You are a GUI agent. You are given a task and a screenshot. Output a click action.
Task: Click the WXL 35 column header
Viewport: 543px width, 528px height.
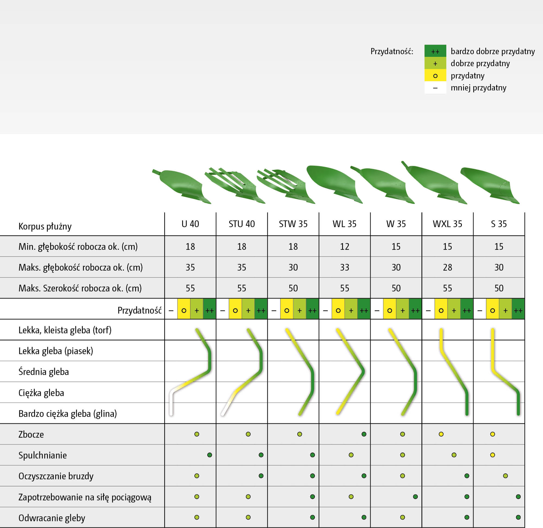(x=447, y=224)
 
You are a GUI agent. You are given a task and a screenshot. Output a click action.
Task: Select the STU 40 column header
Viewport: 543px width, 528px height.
(x=242, y=224)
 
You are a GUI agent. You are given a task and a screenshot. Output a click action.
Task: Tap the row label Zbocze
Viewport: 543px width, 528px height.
(x=31, y=434)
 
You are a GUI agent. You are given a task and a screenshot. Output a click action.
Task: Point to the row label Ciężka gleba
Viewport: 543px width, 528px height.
(x=41, y=393)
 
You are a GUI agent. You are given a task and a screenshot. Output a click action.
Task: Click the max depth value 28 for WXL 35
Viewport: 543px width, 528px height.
(x=447, y=267)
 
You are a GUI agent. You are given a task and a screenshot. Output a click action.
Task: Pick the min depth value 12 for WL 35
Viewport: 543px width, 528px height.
(x=345, y=247)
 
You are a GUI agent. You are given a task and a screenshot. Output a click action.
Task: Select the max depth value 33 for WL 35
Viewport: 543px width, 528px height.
(x=345, y=267)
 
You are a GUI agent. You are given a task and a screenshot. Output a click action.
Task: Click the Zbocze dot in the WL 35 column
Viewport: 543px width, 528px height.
(x=364, y=434)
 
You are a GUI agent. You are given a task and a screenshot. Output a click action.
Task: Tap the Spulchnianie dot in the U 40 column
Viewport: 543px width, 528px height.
(x=210, y=455)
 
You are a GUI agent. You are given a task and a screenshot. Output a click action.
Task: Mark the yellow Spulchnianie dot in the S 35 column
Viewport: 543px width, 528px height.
(x=493, y=455)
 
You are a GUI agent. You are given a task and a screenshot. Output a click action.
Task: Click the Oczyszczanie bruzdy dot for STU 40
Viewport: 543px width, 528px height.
(x=261, y=476)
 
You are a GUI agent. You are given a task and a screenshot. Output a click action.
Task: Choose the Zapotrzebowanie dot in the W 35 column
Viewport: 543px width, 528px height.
(x=415, y=497)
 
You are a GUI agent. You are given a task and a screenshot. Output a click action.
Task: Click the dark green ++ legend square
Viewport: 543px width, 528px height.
(x=435, y=51)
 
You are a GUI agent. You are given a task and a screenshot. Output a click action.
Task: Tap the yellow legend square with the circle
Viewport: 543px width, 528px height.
(x=435, y=76)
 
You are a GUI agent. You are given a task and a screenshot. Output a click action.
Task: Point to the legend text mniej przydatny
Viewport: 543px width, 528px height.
(x=478, y=88)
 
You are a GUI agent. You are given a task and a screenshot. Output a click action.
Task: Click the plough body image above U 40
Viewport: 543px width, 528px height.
(x=182, y=186)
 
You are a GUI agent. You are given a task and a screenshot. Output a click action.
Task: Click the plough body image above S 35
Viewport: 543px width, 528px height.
(x=490, y=185)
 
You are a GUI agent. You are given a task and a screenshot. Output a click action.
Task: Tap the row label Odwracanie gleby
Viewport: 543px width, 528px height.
(x=52, y=518)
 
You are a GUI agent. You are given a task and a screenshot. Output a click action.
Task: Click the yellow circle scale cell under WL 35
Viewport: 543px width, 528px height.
(x=338, y=310)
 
